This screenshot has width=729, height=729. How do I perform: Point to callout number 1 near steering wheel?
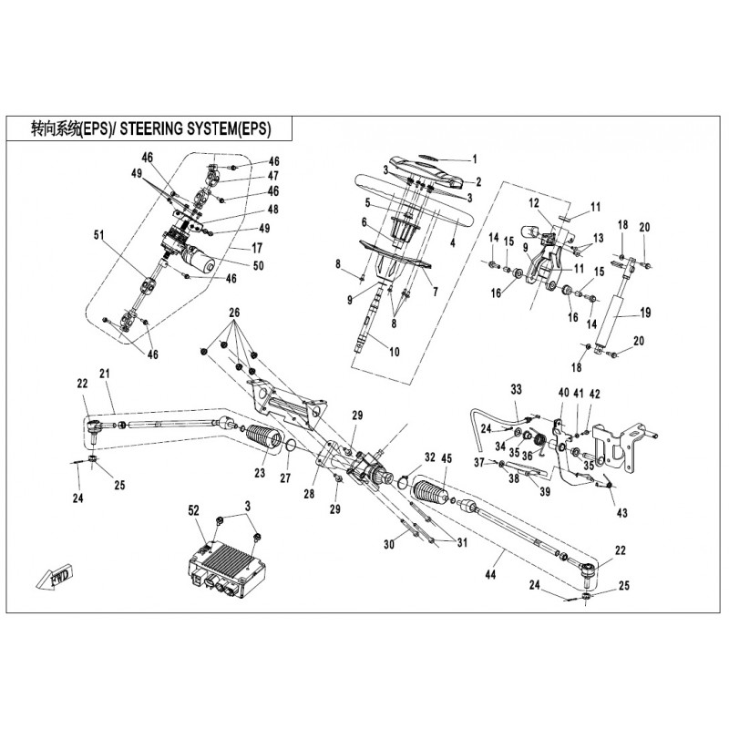(473, 159)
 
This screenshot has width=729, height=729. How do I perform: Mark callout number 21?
(104, 374)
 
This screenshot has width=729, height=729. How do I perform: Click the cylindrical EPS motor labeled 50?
(201, 264)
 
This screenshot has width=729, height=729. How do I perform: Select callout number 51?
(99, 235)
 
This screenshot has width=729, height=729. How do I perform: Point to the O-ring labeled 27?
(288, 447)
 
